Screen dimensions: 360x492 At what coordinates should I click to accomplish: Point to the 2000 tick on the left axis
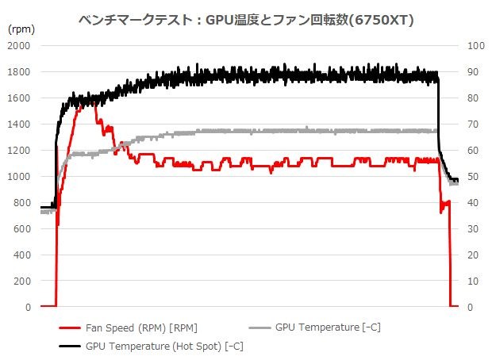[18, 46]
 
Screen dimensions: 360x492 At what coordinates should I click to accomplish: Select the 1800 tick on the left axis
[18, 72]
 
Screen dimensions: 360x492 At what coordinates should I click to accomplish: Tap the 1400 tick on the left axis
[18, 124]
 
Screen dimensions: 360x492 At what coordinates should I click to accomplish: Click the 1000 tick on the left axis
[18, 177]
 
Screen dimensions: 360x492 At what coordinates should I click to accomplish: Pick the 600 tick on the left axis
[21, 229]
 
